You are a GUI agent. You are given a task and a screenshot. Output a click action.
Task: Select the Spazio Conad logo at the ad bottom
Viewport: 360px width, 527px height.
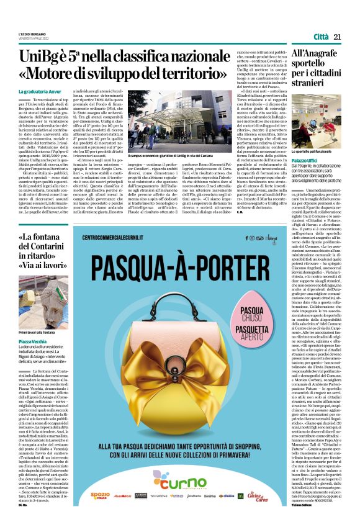pos(100,495)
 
